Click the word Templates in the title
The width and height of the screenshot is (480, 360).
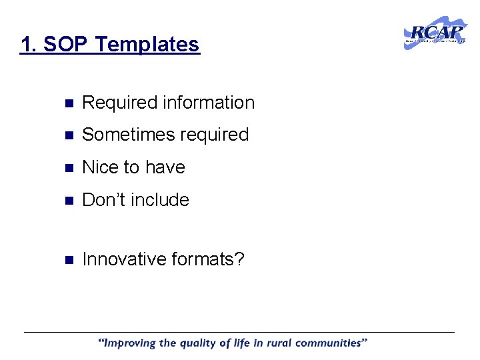[147, 45]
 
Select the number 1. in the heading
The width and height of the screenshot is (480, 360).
[28, 45]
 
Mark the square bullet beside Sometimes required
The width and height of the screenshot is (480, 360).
[67, 135]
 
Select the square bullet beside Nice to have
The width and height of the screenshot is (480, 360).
[67, 168]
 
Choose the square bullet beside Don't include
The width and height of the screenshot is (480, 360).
[67, 201]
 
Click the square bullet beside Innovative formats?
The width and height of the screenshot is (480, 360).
[67, 259]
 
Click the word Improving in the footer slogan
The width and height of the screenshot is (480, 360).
[131, 344]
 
